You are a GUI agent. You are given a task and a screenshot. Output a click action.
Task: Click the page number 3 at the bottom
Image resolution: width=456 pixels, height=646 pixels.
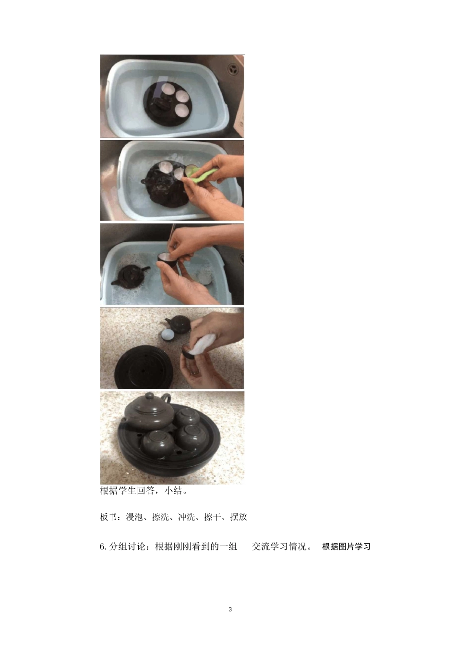tap(230, 609)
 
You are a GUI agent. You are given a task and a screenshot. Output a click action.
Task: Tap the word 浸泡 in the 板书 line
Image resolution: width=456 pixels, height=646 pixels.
tap(134, 517)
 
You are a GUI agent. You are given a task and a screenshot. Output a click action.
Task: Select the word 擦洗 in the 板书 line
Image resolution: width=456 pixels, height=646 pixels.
tap(160, 517)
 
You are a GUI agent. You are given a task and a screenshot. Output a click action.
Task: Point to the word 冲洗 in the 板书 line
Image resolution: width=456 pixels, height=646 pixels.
tap(186, 517)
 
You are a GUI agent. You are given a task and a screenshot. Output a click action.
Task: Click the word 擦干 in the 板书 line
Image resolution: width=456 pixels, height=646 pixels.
tap(212, 517)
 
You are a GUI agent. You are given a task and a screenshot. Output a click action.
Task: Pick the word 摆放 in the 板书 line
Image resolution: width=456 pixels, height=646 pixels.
tap(239, 517)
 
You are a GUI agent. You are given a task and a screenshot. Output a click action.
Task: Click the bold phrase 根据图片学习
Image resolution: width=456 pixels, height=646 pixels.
tap(346, 547)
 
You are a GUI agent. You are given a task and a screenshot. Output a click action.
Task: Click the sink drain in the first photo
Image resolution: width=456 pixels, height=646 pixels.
tap(233, 68)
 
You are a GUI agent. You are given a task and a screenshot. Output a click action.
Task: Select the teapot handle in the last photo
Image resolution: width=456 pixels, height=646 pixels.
tap(166, 398)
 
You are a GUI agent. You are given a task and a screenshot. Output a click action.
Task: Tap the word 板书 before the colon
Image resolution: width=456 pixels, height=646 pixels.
tap(108, 517)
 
